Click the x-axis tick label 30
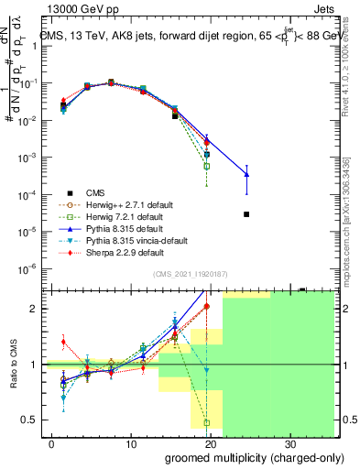point(291,442)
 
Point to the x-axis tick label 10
point(131,442)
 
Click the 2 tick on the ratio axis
point(38,309)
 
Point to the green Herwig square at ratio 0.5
point(207,422)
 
